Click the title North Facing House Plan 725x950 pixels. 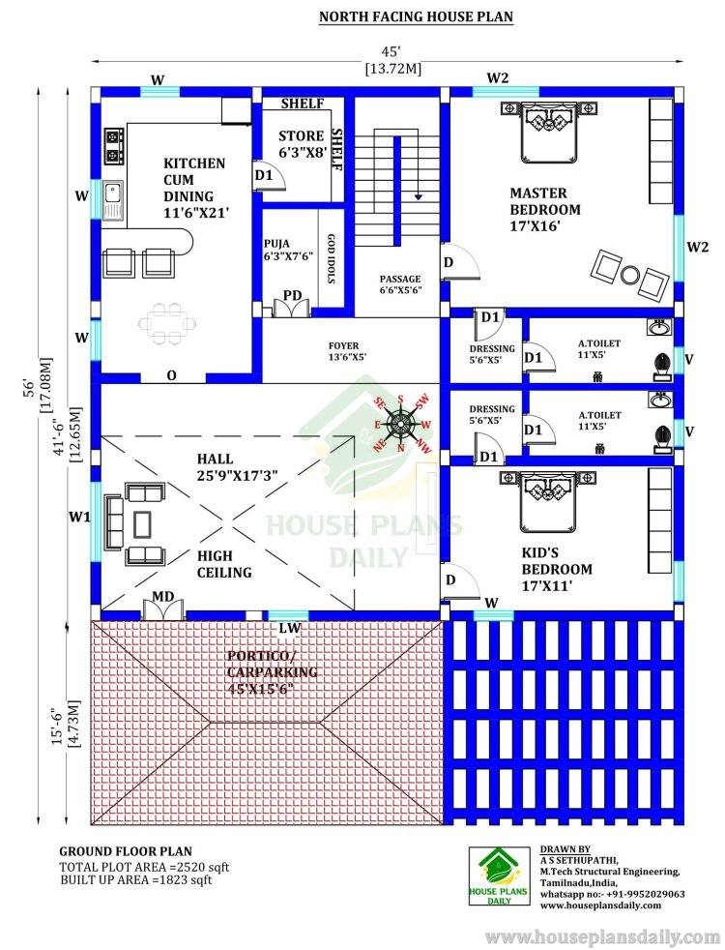416,16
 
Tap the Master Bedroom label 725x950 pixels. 544,210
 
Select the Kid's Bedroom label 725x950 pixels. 557,569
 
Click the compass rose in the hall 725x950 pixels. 400,424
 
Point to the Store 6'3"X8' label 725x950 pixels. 302,144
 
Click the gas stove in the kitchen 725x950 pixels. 114,145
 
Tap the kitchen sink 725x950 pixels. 112,199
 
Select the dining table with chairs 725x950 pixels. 167,324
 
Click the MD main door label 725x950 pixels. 162,597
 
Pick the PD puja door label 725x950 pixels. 292,296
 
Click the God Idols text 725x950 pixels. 331,258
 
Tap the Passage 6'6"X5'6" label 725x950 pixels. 400,284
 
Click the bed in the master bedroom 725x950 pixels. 548,131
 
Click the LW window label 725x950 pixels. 290,628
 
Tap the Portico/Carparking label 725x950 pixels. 272,672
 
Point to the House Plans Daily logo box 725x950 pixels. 500,876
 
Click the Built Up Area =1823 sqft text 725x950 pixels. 136,879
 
